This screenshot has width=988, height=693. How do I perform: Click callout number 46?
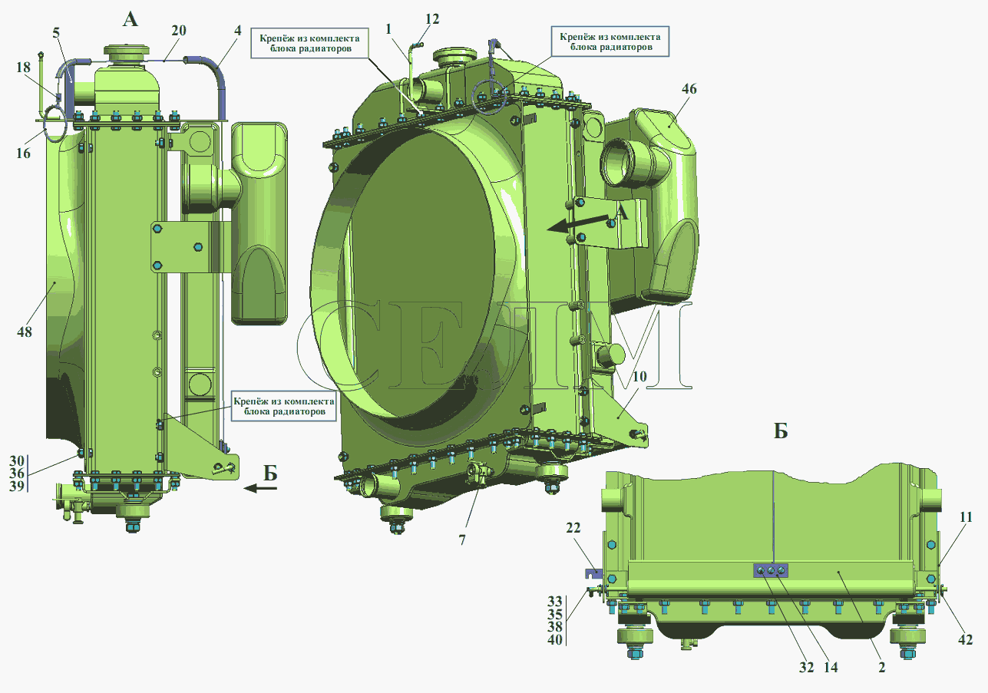tap(689, 89)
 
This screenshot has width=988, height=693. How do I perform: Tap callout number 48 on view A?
tap(25, 332)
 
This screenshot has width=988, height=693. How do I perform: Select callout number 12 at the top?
tap(432, 19)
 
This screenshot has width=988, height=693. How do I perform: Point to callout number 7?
tap(462, 540)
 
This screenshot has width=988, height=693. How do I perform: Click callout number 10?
tap(639, 377)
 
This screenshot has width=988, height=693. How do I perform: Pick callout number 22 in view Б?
tap(573, 528)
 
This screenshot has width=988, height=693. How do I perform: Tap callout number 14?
tap(831, 668)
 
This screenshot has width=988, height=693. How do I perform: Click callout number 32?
tap(806, 668)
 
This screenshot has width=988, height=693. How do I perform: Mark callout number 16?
tap(23, 153)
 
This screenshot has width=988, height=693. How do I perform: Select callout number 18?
tap(23, 68)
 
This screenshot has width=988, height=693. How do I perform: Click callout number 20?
tap(179, 31)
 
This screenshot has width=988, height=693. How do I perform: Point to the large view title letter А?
tap(130, 19)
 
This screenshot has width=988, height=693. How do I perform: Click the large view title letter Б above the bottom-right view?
tap(781, 431)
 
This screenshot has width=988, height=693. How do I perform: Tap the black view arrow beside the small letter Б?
tap(260, 488)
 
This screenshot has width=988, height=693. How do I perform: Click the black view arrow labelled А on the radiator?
tap(581, 224)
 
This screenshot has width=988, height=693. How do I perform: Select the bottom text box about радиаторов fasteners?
tap(284, 407)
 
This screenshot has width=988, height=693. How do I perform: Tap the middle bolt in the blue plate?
tap(771, 571)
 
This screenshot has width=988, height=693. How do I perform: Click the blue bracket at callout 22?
tap(593, 573)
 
